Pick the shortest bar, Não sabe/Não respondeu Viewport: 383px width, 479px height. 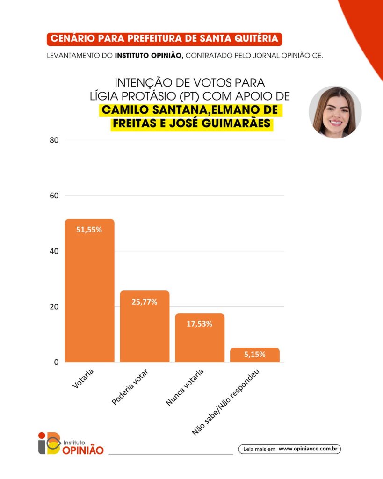pyautogui.click(x=255, y=356)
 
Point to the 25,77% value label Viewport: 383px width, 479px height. pyautogui.click(x=145, y=302)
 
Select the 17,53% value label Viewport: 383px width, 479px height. pyautogui.click(x=200, y=324)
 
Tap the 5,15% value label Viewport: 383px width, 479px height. pyautogui.click(x=255, y=354)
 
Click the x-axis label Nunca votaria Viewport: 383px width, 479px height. pyautogui.click(x=186, y=388)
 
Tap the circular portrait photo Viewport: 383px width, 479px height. pyautogui.click(x=335, y=112)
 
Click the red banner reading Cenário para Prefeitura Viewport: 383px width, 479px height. pyautogui.click(x=165, y=39)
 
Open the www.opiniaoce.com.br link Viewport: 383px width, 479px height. pyautogui.click(x=308, y=449)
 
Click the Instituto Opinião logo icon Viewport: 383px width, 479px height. pyautogui.click(x=50, y=443)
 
